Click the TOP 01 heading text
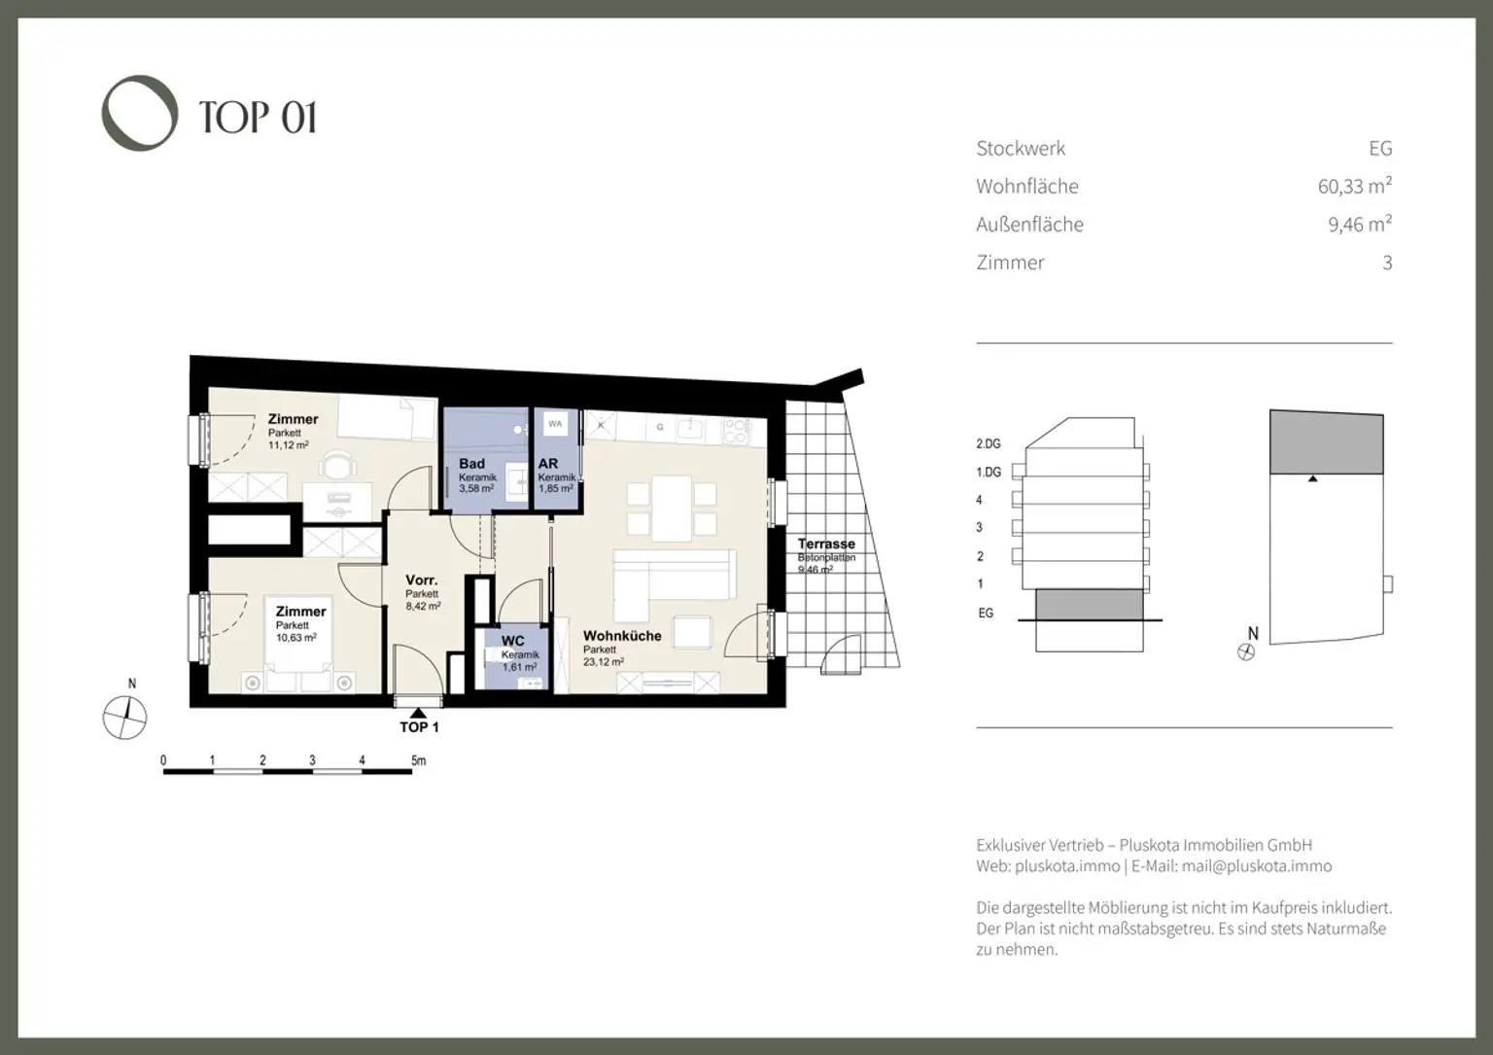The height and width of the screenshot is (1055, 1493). pyautogui.click(x=258, y=117)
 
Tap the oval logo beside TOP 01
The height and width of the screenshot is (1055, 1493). pyautogui.click(x=140, y=113)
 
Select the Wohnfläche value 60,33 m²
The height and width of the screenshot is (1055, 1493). pyautogui.click(x=1354, y=186)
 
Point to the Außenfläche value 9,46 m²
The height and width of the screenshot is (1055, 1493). pyautogui.click(x=1360, y=225)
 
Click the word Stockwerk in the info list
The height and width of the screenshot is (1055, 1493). pyautogui.click(x=1021, y=149)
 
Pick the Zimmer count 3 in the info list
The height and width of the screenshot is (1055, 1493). pyautogui.click(x=1387, y=263)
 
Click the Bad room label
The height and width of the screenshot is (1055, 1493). pyautogui.click(x=471, y=464)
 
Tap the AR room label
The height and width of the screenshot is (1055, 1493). pyautogui.click(x=548, y=464)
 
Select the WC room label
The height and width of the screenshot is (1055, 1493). pyautogui.click(x=512, y=641)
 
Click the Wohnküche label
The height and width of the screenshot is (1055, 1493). pyautogui.click(x=622, y=636)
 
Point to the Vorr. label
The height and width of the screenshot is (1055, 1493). pyautogui.click(x=421, y=580)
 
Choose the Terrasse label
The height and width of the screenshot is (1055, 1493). pyautogui.click(x=826, y=544)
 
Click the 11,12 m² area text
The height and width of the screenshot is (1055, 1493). pyautogui.click(x=289, y=444)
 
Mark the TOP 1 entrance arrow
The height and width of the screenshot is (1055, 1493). pyautogui.click(x=419, y=714)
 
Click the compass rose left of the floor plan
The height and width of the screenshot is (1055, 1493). pyautogui.click(x=125, y=719)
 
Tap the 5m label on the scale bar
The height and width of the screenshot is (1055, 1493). pyautogui.click(x=418, y=760)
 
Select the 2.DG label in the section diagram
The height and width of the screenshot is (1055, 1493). pyautogui.click(x=988, y=443)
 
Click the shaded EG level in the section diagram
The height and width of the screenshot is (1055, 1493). pyautogui.click(x=1089, y=604)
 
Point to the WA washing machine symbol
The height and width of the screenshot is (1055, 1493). pyautogui.click(x=555, y=424)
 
